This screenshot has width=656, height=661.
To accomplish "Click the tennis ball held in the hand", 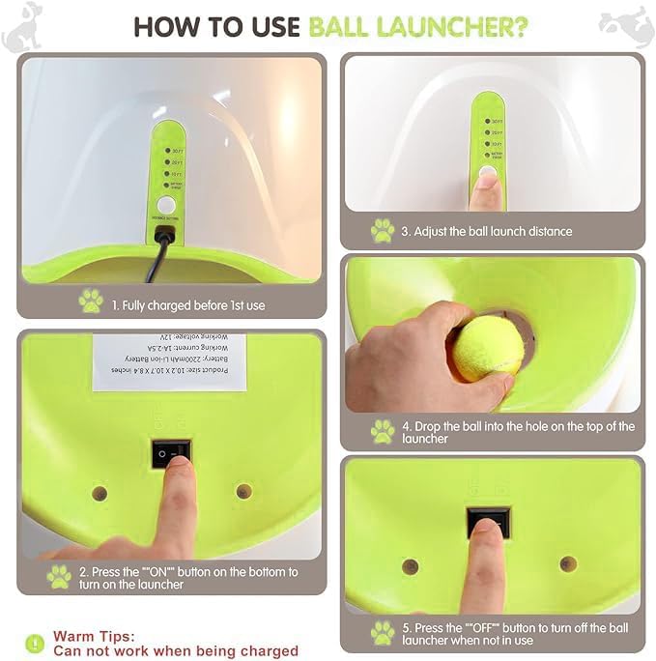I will coord(489,349).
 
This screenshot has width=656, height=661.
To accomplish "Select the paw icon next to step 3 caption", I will coord(383,231).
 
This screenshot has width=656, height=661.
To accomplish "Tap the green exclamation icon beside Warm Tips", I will coord(35,643).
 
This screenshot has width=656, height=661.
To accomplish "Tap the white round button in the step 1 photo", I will coord(166,205).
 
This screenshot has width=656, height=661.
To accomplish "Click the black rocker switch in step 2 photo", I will coord(171,452).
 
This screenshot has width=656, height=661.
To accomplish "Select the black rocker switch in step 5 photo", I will coord(486,522).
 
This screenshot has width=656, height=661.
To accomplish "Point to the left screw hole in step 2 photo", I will coord(99,493).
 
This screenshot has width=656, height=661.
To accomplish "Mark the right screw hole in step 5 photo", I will coord(568,563).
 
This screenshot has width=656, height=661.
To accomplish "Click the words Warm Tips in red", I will coord(94,636).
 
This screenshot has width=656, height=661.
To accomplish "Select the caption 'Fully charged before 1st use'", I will coord(187,305).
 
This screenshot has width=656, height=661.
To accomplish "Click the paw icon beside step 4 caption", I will coord(383,431).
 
